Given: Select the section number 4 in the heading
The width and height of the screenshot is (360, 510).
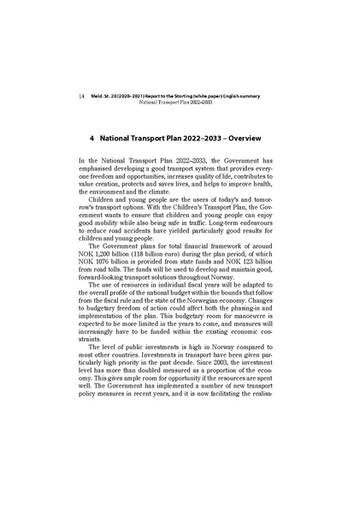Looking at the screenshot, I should [x=91, y=137].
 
